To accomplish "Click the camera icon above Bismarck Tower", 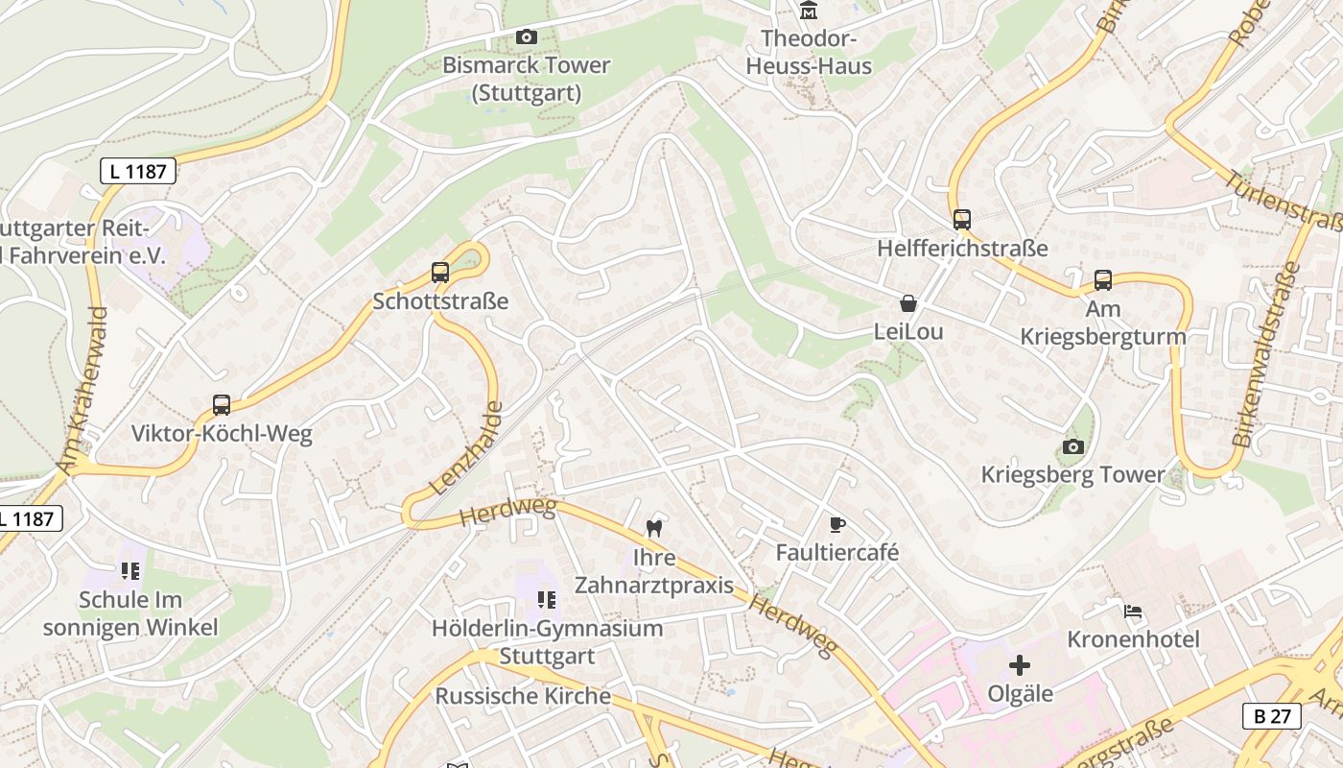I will (526, 37).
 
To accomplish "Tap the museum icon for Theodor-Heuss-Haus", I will (809, 11).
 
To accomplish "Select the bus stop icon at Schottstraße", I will (440, 273).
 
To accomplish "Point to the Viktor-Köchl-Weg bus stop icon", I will (222, 405).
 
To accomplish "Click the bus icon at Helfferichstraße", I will (962, 220).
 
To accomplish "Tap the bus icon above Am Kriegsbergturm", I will (1103, 280).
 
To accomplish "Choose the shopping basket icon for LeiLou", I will (908, 304).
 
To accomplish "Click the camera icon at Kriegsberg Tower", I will (1073, 446).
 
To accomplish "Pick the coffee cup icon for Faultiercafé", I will (837, 524).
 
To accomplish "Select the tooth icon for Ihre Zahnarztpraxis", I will (655, 527).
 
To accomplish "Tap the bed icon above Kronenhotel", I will (1133, 612).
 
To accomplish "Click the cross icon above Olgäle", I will (1020, 665).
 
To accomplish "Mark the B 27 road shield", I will (1272, 715).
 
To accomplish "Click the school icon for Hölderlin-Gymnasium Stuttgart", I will (547, 600).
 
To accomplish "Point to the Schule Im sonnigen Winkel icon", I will (130, 571).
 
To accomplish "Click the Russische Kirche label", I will (523, 696).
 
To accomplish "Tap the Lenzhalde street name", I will (467, 448).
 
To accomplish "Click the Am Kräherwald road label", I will (82, 390).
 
